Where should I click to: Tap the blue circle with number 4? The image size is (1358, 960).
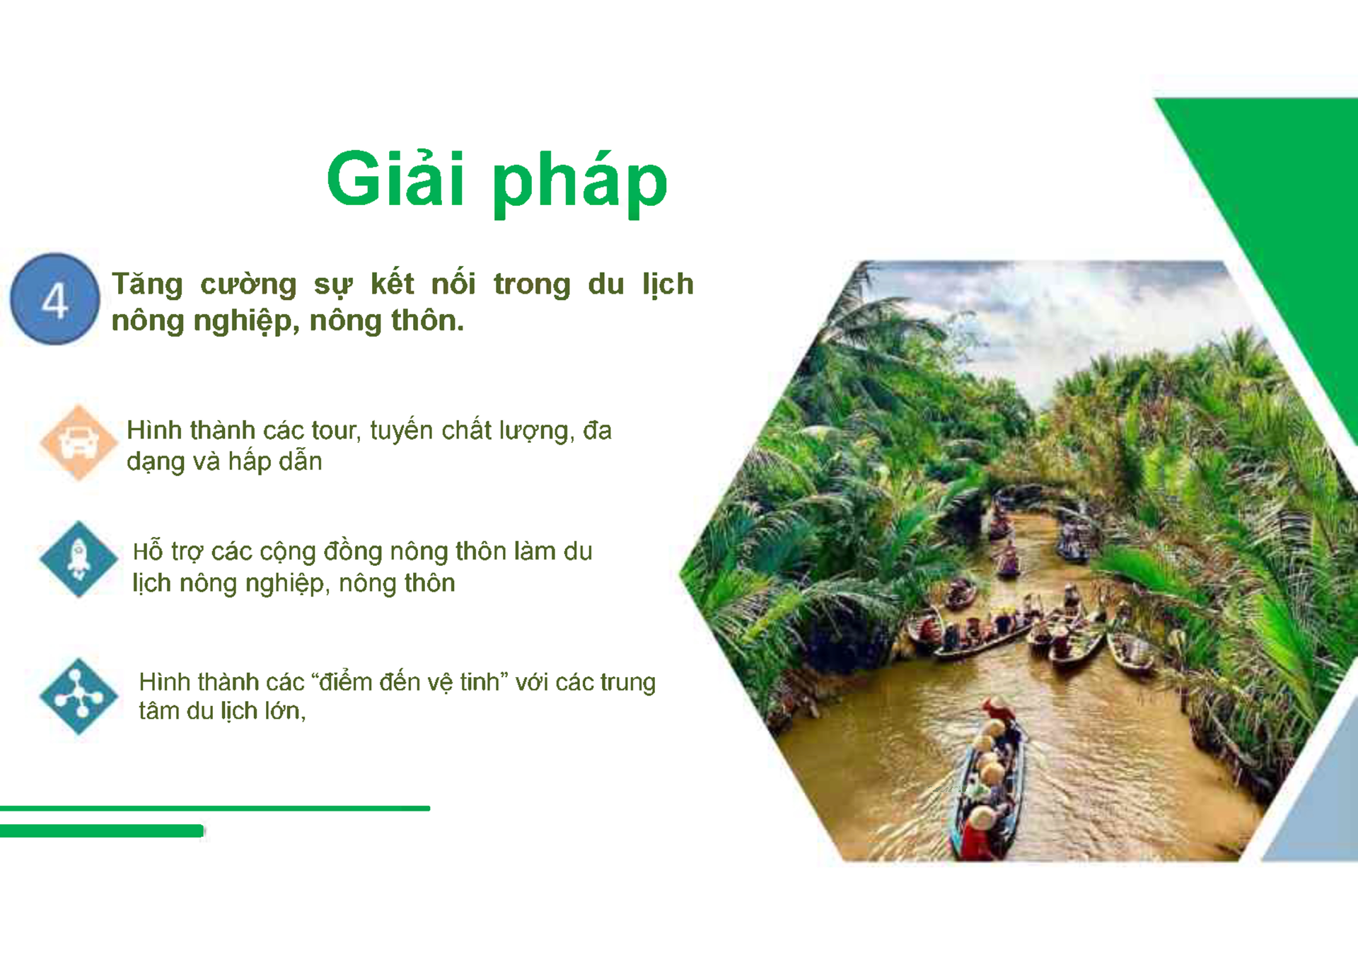click(54, 299)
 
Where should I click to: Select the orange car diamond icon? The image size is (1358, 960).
click(78, 443)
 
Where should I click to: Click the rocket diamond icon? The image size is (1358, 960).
click(78, 559)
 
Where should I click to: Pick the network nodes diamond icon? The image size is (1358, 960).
click(78, 696)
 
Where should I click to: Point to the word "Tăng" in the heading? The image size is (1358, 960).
click(147, 284)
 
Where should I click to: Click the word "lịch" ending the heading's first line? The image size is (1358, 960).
click(667, 284)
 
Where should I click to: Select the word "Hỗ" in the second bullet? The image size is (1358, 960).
click(148, 551)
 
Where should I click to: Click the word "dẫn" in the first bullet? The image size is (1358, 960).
click(301, 462)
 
